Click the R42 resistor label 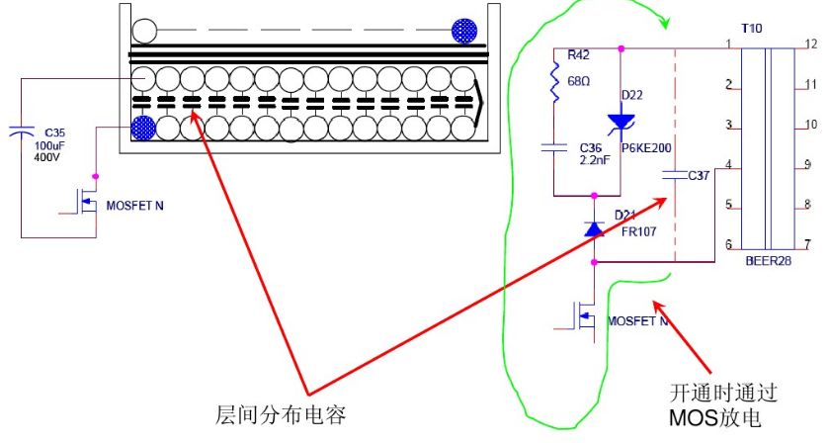coord(579,55)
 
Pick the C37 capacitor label coord(698,175)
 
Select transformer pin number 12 coord(810,44)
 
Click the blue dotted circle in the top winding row coord(463,31)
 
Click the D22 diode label coord(633,95)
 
